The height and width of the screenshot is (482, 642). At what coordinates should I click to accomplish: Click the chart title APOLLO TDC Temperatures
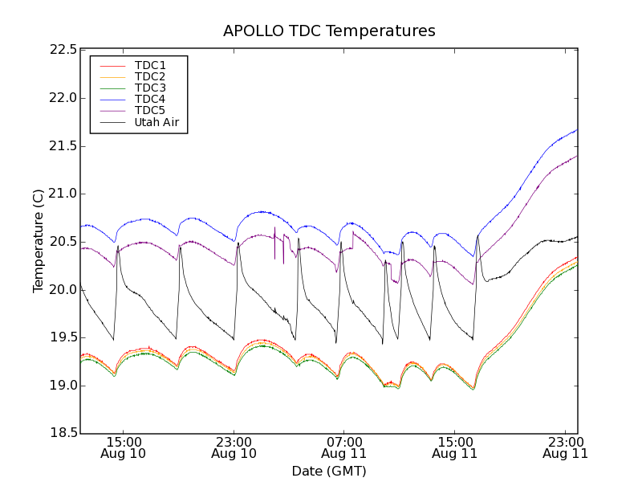329,31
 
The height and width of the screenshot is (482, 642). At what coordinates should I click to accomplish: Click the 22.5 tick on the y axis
63,50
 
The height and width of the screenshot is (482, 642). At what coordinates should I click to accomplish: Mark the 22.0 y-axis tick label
63,98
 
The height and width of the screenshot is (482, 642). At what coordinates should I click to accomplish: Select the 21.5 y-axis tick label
63,146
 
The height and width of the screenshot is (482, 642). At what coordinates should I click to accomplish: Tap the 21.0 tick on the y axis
63,194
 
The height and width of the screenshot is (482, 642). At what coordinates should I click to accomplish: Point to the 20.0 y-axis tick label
63,290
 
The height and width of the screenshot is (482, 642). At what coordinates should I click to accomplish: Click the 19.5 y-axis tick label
63,337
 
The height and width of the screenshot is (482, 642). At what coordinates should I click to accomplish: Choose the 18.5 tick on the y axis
63,434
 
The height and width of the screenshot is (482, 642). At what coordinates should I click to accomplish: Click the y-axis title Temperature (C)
39,241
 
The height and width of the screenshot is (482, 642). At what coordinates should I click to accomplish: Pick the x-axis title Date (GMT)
329,471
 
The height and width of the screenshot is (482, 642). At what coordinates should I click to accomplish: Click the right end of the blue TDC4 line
577,129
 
